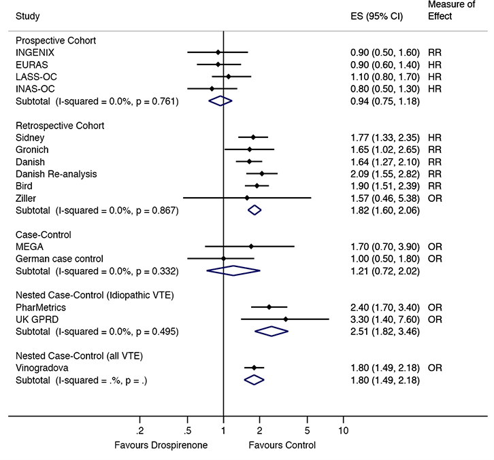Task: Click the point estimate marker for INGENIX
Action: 218,52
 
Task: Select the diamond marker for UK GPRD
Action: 285,319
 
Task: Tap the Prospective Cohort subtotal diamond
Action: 219,101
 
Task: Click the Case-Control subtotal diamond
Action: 233,270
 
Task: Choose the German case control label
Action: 59,258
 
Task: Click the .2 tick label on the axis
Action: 139,431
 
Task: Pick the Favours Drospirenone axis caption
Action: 161,446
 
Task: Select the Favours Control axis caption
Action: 282,446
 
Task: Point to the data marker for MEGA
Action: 251,246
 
